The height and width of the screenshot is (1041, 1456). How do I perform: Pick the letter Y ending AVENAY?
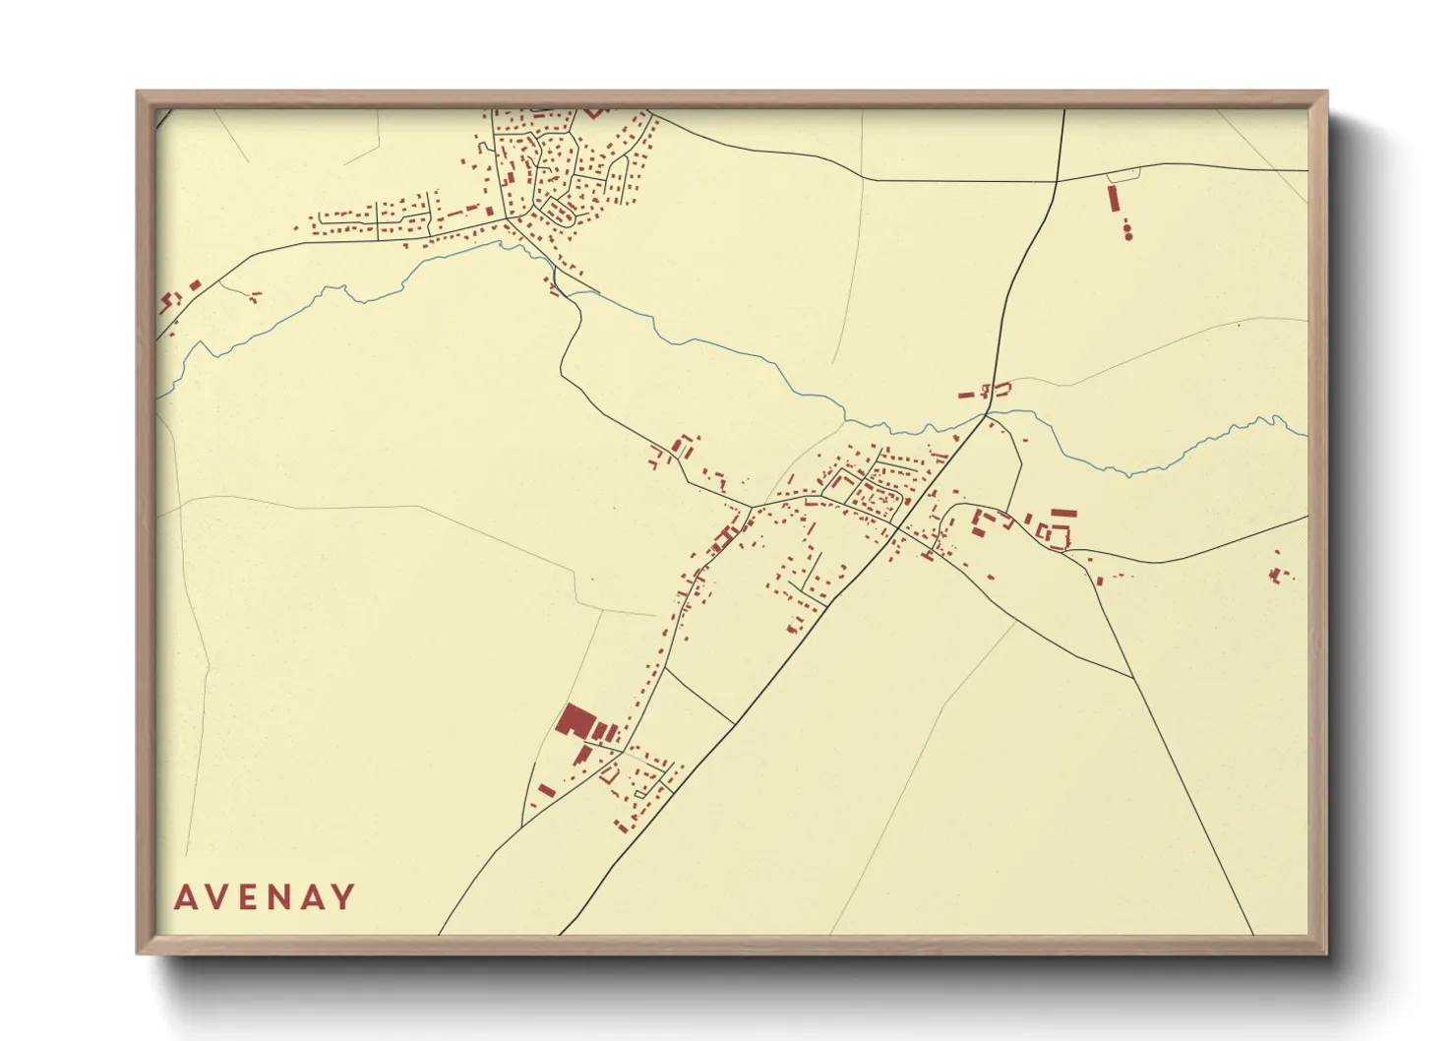(x=343, y=897)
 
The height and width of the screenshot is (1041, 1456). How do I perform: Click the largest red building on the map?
(x=573, y=720)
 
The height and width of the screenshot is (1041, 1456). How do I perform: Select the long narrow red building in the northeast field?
(x=1114, y=199)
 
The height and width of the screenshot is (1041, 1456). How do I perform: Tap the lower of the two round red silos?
(x=1128, y=236)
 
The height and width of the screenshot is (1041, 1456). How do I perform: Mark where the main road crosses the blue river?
(x=985, y=417)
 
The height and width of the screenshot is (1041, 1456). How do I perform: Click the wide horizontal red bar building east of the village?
(x=1063, y=513)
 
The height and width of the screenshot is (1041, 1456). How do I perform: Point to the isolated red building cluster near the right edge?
(x=1279, y=573)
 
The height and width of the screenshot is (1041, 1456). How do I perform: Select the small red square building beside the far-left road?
(x=195, y=285)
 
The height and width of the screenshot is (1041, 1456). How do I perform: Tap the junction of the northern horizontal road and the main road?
(x=1057, y=181)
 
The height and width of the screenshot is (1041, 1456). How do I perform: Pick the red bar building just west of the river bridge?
(x=966, y=395)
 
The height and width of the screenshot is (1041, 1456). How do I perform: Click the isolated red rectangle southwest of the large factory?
(x=546, y=789)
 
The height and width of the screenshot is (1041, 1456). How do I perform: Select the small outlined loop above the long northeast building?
(x=1123, y=175)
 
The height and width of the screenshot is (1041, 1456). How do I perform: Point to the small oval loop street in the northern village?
(x=560, y=212)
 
